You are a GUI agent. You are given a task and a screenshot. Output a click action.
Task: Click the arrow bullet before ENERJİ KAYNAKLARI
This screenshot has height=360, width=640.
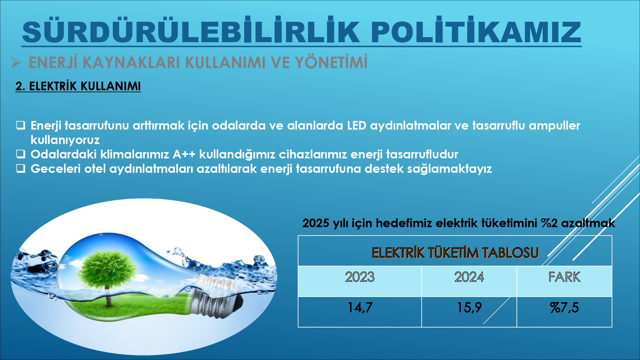pos(16,62)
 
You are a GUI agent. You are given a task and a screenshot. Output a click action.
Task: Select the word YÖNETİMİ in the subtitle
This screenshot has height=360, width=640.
pos(331,62)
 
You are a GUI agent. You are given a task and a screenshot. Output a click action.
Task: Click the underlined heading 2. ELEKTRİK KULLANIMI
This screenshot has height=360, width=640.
pos(78,86)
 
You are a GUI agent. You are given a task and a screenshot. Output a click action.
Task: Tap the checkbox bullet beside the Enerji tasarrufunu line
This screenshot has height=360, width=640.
pos(21,125)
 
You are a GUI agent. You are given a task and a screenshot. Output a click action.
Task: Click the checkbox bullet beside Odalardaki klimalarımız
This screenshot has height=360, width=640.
pos(21,154)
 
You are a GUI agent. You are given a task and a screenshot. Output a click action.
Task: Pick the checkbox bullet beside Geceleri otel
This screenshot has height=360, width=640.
pos(21,168)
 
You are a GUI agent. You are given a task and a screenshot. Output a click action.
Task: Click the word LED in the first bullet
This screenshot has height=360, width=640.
pos(356,125)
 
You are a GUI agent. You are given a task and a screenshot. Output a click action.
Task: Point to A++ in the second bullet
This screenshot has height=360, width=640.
pos(184,154)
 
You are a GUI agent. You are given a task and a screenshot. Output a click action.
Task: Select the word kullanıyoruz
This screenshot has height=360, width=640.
pos(65,140)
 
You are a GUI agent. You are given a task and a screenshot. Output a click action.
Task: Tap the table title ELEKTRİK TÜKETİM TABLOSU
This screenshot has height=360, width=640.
pos(455,253)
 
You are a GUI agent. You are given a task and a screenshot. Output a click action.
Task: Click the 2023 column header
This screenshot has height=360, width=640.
pos(360,277)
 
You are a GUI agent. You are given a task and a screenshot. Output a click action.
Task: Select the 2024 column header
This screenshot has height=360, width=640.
pos(469,277)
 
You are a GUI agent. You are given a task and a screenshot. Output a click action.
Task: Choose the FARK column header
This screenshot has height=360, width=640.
pos(564,277)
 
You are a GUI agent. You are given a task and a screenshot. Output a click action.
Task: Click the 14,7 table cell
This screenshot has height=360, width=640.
pos(360,308)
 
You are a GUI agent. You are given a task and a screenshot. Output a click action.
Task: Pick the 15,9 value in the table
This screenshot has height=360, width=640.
pos(469,308)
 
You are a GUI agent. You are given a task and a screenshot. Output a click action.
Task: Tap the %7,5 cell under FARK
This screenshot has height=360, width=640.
pos(564,308)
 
